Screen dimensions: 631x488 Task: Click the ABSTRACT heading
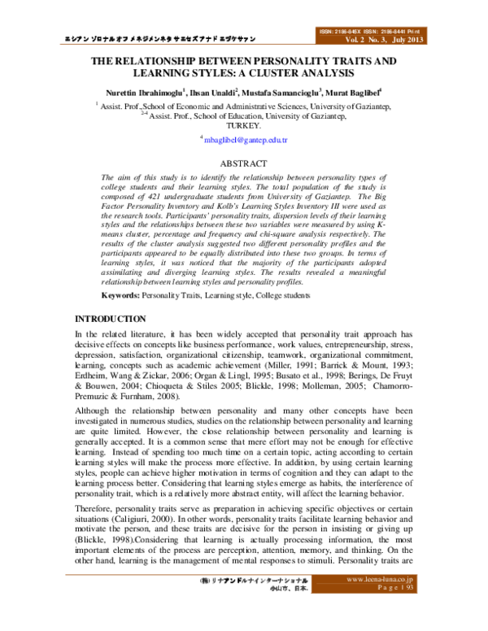(x=244, y=163)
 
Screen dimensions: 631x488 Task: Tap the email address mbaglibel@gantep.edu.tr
(x=246, y=141)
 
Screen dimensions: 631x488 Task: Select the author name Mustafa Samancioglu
(x=281, y=92)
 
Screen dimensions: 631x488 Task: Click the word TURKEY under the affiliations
(x=244, y=126)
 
